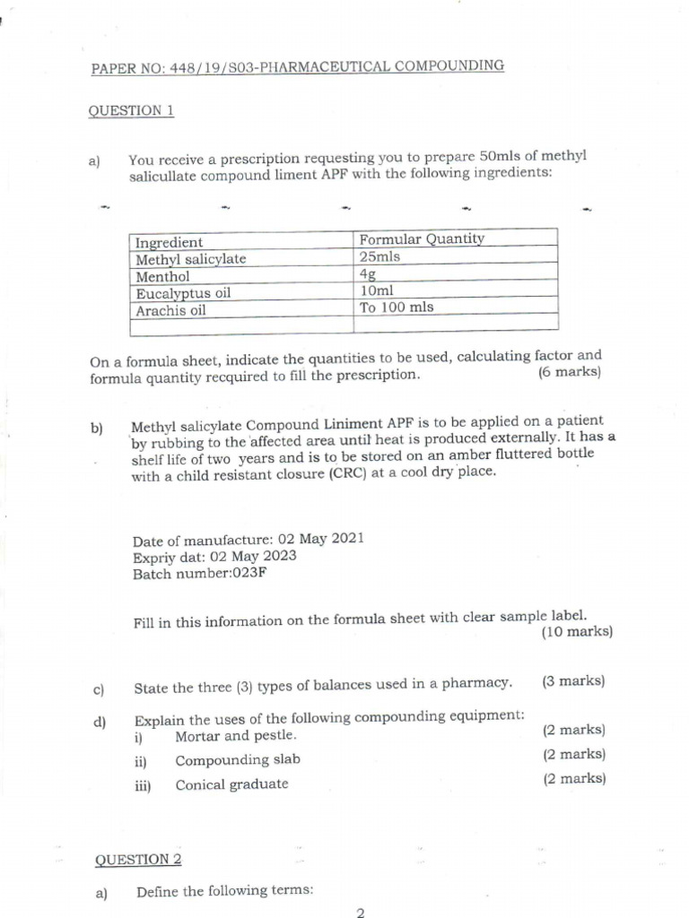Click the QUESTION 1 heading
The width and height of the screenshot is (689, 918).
point(130,111)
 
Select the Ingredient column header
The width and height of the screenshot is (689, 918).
point(169,242)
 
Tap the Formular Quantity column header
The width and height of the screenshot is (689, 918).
point(421,238)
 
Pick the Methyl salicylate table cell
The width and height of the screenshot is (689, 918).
point(190,259)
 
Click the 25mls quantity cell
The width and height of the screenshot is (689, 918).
point(379,256)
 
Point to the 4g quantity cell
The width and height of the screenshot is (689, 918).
point(367,273)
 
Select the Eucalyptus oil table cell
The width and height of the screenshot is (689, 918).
point(183,293)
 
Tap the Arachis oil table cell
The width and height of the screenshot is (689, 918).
point(170,310)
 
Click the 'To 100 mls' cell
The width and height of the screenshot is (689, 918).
point(396,307)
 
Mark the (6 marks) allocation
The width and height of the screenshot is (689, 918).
point(570,372)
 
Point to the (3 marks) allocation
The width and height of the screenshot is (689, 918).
point(573,681)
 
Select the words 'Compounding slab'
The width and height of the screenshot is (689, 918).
point(238,760)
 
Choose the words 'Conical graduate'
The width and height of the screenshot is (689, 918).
point(231,784)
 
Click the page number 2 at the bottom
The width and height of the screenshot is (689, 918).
point(360,913)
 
